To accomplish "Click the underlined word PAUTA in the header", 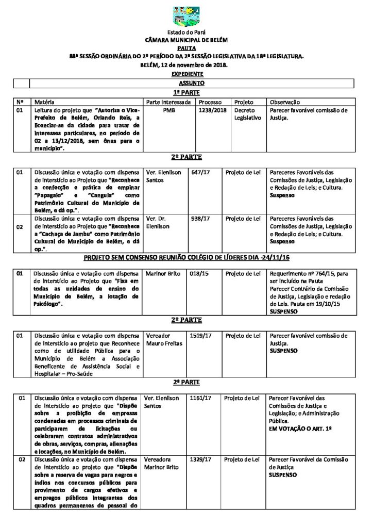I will (x=186, y=46).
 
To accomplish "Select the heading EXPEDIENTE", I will (x=186, y=74).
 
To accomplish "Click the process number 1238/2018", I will (x=212, y=110).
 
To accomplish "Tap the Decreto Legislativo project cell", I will (x=248, y=114).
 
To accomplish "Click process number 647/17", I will (x=200, y=172).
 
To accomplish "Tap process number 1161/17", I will (x=201, y=398).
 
